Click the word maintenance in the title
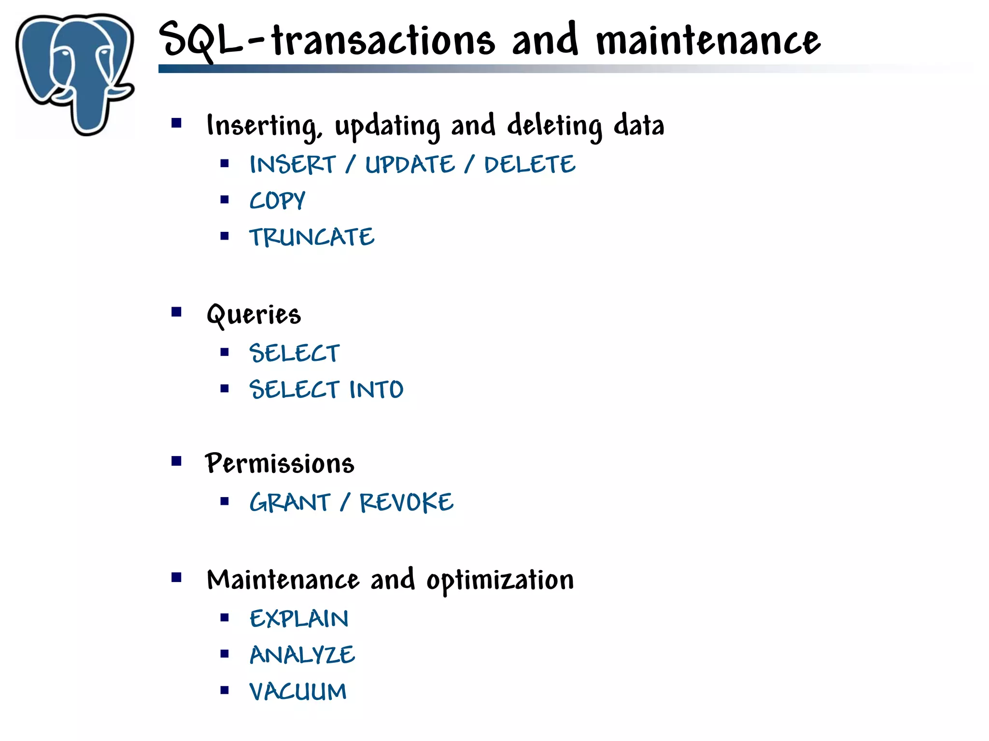tap(708, 41)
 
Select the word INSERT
tap(292, 165)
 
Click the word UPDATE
tap(410, 165)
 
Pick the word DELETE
tap(530, 165)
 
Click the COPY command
tap(277, 201)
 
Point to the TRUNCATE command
tap(311, 237)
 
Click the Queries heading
tap(254, 314)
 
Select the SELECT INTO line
tap(326, 389)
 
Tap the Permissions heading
tap(280, 464)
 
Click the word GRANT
tap(290, 502)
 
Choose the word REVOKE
tap(407, 502)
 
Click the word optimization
tap(500, 580)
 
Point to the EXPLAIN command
tap(299, 619)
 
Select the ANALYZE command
tap(302, 655)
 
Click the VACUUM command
tap(298, 691)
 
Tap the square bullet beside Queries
tap(176, 312)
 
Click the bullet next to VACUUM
tap(224, 690)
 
